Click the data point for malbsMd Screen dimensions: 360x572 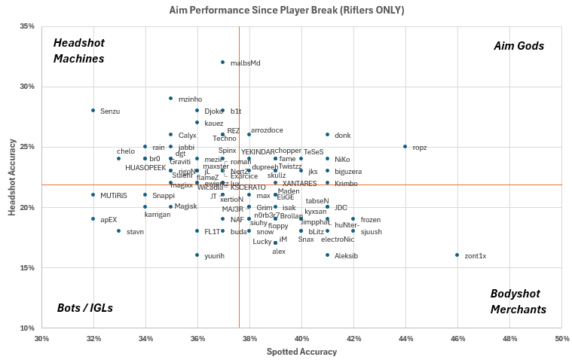(223, 63)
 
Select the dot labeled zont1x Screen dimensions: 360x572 (457, 255)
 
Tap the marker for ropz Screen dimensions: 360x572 (405, 147)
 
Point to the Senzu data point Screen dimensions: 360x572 (93, 111)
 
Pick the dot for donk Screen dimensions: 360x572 (327, 135)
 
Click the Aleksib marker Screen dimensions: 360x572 (327, 255)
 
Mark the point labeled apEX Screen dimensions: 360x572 (93, 219)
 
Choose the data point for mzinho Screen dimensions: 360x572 (171, 99)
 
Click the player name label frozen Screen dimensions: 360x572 (370, 220)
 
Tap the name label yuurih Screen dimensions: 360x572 (215, 256)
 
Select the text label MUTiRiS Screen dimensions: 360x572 (114, 196)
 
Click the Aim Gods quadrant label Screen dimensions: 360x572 (518, 46)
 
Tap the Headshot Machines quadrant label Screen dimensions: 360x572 (78, 50)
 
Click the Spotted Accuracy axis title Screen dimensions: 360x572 (301, 352)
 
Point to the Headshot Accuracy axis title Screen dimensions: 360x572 (13, 177)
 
